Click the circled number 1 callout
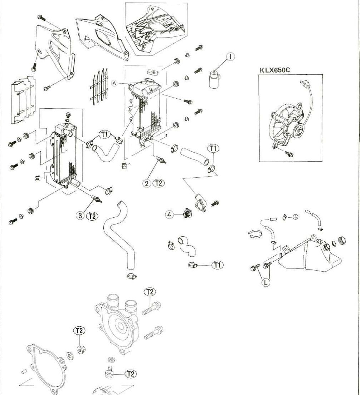[x=231, y=56]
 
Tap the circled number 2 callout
[x=146, y=183]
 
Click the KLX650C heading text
[x=274, y=70]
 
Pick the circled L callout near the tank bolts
[x=265, y=282]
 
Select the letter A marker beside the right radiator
[x=114, y=83]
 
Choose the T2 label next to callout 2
[x=158, y=183]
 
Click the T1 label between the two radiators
[x=104, y=134]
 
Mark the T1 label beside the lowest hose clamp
[x=217, y=265]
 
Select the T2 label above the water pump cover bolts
[x=150, y=292]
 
